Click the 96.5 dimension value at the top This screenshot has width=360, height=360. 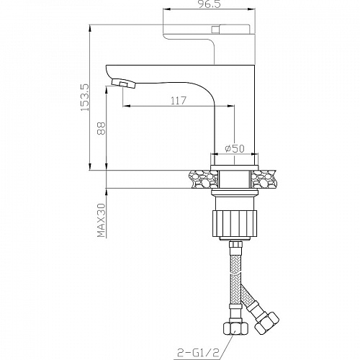tap(210, 4)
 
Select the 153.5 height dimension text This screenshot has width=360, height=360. tap(85, 97)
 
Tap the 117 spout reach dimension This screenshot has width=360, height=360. tap(179, 101)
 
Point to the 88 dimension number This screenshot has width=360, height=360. tap(102, 128)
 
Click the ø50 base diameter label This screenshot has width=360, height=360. tap(235, 148)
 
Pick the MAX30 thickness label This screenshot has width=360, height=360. tap(102, 220)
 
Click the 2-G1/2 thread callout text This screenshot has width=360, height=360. tap(198, 353)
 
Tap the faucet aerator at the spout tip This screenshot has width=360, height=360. tap(123, 84)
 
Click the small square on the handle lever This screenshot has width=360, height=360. tap(215, 30)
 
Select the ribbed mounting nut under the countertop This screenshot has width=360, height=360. tap(235, 223)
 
